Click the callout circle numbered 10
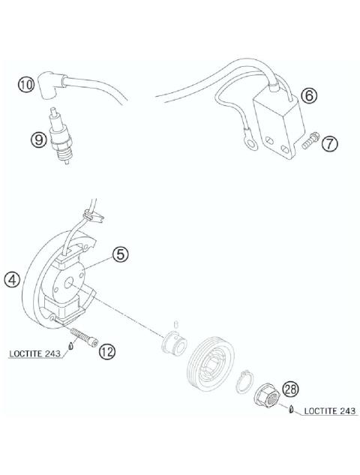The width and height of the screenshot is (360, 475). click(26, 86)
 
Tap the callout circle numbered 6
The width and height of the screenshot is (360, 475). click(307, 95)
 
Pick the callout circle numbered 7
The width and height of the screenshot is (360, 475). click(328, 142)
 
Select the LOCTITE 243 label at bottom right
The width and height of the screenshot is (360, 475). click(324, 410)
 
